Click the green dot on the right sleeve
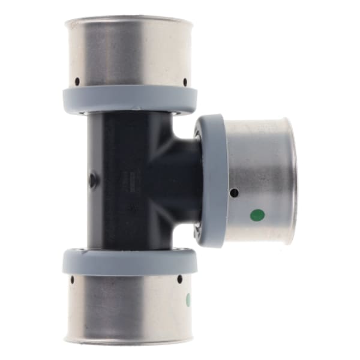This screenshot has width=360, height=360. point(257,214)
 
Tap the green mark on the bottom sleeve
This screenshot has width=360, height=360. point(189,299)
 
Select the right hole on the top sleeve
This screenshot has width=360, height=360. point(185,81)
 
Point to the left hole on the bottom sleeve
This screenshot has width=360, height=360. point(72,280)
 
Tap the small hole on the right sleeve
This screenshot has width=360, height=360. point(235,193)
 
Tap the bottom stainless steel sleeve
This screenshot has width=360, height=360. point(129,306)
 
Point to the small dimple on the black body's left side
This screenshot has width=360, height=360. point(91,178)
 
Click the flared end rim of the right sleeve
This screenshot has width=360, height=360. point(290,180)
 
